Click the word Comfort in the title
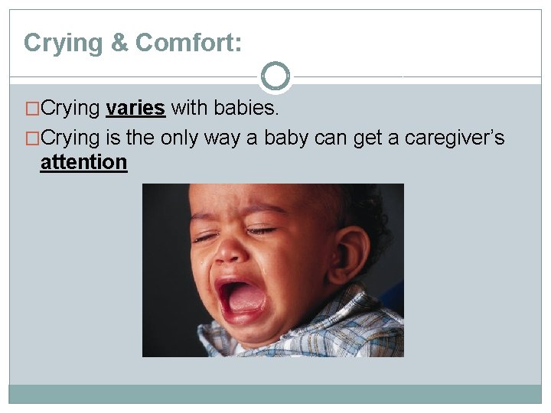pyautogui.click(x=188, y=43)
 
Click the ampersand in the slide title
pyautogui.click(x=119, y=43)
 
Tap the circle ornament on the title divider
pyautogui.click(x=275, y=76)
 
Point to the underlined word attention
pyautogui.click(x=83, y=162)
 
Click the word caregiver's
pyautogui.click(x=455, y=138)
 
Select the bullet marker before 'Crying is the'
pyautogui.click(x=31, y=138)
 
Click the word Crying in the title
pyautogui.click(x=64, y=43)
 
